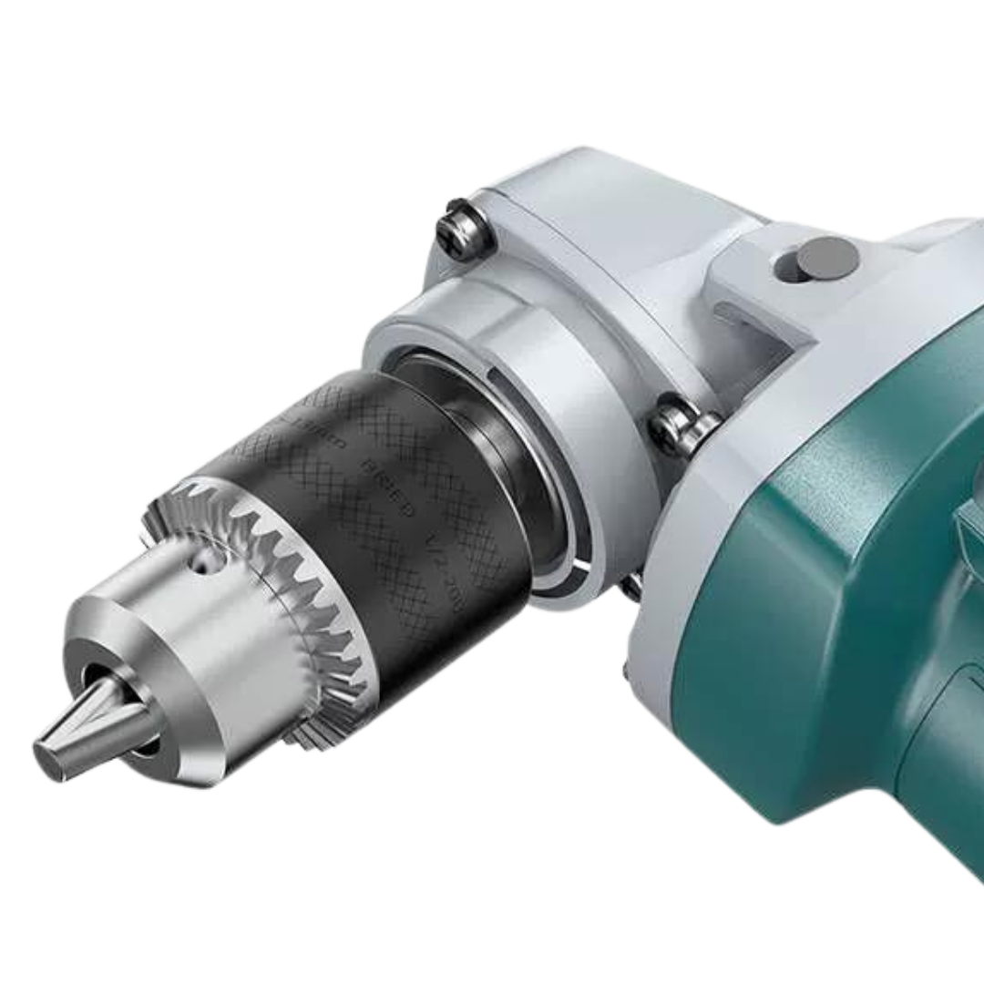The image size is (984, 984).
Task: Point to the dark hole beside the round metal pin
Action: click(785, 268)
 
